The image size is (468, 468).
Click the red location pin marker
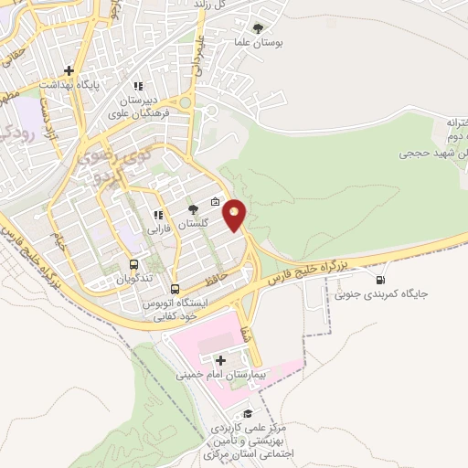coord(235,216)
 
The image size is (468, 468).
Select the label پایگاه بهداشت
coord(69,83)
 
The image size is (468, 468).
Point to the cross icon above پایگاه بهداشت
coord(69,69)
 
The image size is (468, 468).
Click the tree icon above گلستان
coord(193,210)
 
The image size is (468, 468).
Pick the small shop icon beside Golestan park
coord(215,203)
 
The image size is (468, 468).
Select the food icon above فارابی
coord(157,217)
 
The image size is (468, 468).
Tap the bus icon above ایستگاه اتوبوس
coord(175,286)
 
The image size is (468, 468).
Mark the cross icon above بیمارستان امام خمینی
coord(220,361)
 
